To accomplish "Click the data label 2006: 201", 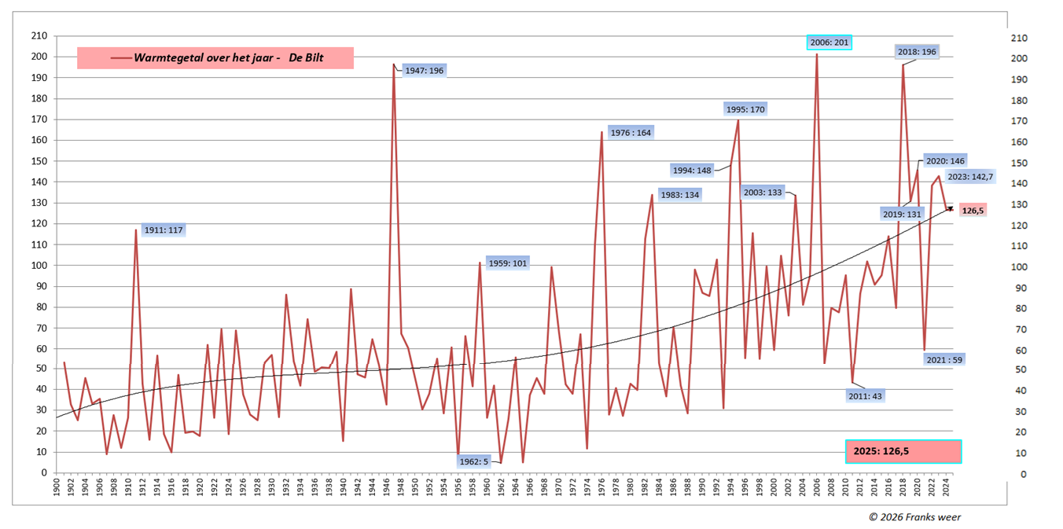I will [x=829, y=42].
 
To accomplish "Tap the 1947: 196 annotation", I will [x=425, y=71].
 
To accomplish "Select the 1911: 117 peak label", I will [x=164, y=230].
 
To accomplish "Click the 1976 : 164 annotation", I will [x=631, y=133].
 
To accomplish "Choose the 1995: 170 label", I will [x=745, y=109].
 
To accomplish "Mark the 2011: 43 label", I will [x=865, y=396].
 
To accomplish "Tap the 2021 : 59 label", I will [x=945, y=359].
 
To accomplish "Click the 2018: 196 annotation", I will [x=917, y=52].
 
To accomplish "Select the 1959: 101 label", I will [x=507, y=263].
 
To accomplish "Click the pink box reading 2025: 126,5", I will [x=903, y=451].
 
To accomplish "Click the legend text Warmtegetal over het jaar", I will [x=228, y=58].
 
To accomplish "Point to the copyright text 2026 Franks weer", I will [x=914, y=516].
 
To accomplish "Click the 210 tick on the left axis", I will [x=38, y=36].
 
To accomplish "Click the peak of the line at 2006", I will [x=816, y=54].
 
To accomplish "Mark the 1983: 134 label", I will [x=680, y=195].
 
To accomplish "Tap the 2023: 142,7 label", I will [x=970, y=178].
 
